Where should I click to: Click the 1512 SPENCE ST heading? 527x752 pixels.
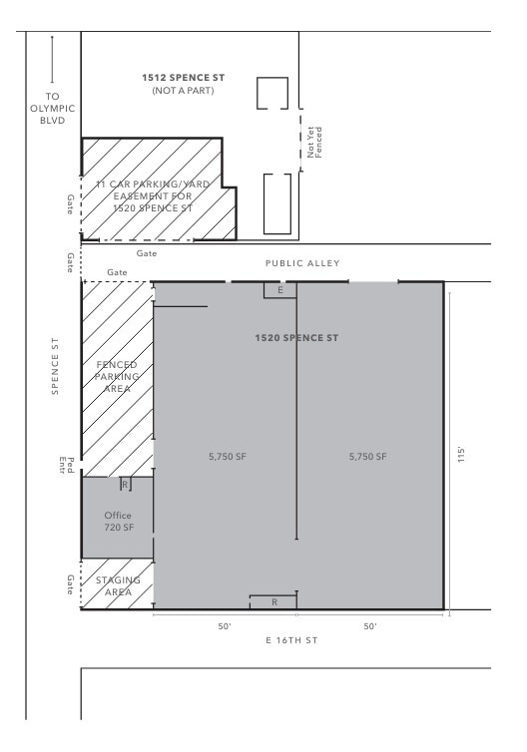coord(184,78)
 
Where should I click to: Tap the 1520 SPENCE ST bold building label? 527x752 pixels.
coord(296,338)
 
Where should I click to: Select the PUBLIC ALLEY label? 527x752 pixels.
coord(302,263)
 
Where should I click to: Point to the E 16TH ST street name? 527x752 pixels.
coord(291,640)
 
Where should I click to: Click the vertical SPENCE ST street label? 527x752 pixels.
coord(55,366)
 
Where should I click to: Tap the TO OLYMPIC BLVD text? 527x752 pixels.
coord(52,109)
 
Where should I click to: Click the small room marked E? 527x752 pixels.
coord(279,290)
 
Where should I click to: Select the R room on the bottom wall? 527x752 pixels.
coord(273,602)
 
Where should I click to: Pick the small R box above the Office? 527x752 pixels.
coord(126,485)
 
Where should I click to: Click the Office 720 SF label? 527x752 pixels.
coord(119,522)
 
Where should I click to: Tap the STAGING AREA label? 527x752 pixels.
coord(118,586)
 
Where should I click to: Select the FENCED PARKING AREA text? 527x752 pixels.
coord(117,376)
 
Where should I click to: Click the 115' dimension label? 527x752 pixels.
coord(461,455)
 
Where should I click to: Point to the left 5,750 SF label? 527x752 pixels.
coord(228,457)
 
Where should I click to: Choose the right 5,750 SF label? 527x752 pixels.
coord(367,457)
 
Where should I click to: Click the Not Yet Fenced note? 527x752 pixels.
coord(314,143)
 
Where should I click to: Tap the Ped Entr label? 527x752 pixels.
coord(66,466)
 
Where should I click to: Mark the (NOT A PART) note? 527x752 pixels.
coord(183,91)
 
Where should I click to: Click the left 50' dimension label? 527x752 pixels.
coord(225,626)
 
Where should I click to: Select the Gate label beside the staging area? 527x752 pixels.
coord(70,584)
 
